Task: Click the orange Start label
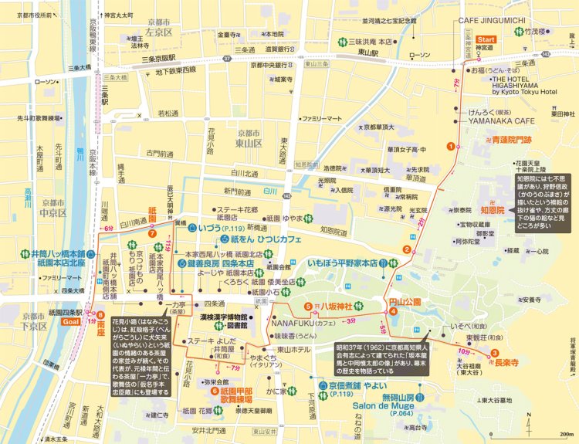point(486,39)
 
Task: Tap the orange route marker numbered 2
point(406,248)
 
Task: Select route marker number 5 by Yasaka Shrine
point(308,307)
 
